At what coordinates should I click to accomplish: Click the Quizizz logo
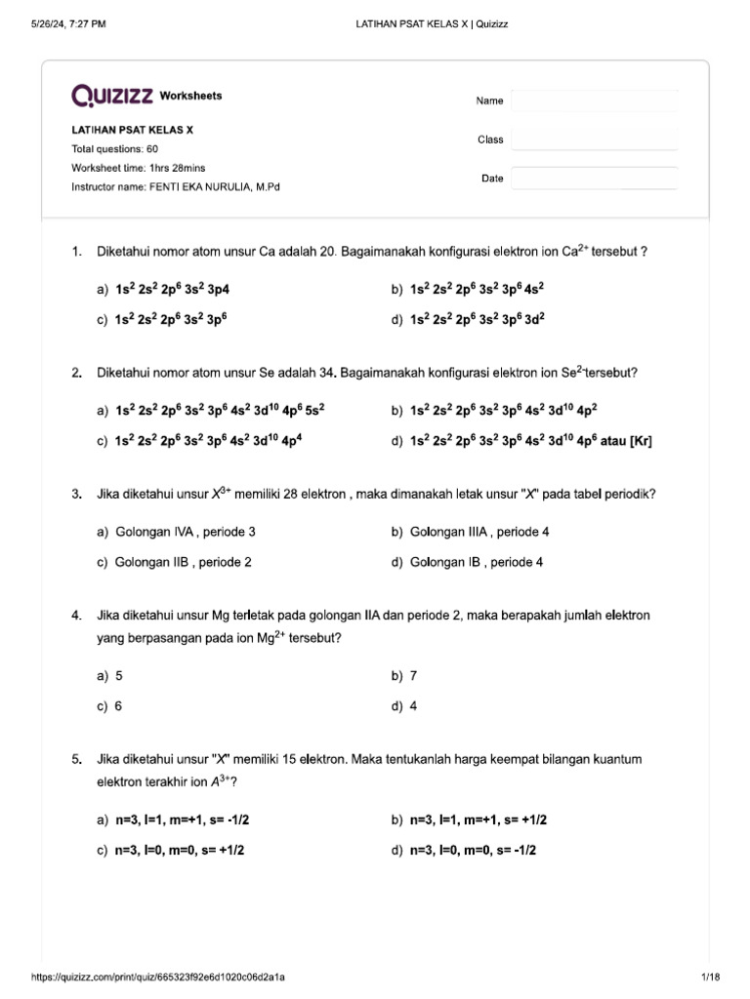coord(111,96)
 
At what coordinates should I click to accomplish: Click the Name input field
coord(594,101)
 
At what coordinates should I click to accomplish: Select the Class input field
coord(594,140)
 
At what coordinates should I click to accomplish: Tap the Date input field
coord(594,179)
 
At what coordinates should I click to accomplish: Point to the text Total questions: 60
coord(115,149)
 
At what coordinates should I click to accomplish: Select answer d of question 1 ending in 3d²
coord(477,319)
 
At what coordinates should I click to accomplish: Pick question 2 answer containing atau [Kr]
coord(530,441)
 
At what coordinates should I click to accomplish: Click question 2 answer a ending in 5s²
coord(219,412)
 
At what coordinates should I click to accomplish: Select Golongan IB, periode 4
coord(477,563)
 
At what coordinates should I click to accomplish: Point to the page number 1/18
coord(710,978)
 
